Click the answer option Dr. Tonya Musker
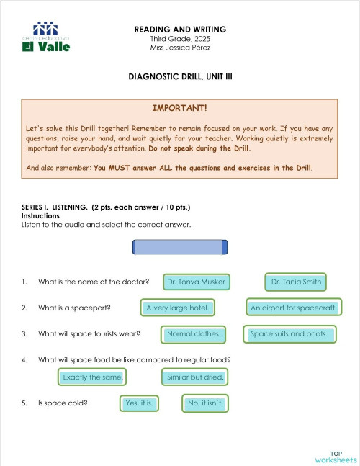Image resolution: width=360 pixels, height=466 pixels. coord(196,282)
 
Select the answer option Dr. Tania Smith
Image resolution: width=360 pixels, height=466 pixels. coord(296,282)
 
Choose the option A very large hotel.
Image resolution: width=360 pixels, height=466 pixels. coord(176,308)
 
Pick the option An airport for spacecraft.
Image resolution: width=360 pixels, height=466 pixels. coord(293,308)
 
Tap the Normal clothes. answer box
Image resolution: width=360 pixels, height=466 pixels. coord(194,334)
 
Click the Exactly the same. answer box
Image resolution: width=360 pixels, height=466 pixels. coord(92,377)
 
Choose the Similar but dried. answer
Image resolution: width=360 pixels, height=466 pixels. coord(195,377)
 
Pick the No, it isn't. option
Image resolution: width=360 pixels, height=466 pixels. coord(205,403)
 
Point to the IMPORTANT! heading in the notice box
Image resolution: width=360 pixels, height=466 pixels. coord(179,107)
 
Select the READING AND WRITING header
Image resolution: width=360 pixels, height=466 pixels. coord(180,30)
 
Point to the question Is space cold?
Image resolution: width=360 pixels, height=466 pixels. coord(63,404)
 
